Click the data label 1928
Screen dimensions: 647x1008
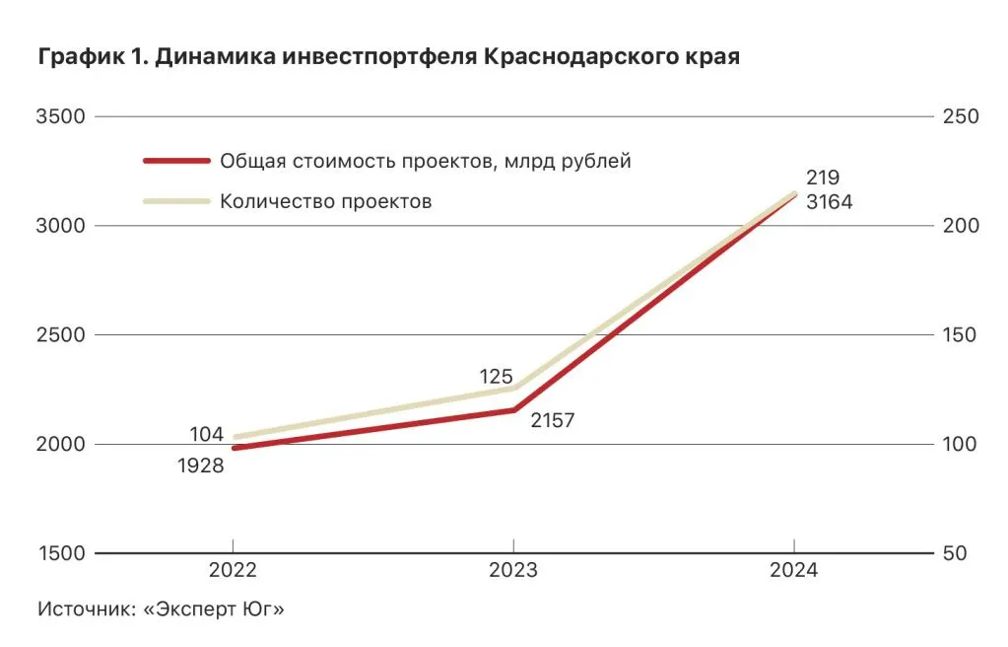click(x=201, y=466)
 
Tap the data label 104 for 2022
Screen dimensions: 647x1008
click(x=207, y=434)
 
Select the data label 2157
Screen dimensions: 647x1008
click(x=552, y=420)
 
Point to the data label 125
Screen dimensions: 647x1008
click(x=497, y=376)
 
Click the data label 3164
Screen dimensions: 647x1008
click(x=828, y=202)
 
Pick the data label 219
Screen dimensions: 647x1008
click(x=822, y=179)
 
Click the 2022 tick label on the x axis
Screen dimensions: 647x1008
click(x=233, y=572)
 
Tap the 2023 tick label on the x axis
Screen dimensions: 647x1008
click(x=513, y=572)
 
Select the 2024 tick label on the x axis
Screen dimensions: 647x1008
click(x=794, y=572)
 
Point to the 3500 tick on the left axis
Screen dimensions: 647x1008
click(x=60, y=116)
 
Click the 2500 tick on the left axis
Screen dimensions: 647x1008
click(x=60, y=335)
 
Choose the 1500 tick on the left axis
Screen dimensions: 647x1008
click(x=60, y=554)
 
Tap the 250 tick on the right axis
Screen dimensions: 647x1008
click(x=960, y=116)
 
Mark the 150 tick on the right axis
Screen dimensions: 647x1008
click(x=960, y=335)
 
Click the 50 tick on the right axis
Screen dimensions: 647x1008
click(x=954, y=554)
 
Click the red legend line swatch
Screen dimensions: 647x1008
click(x=176, y=161)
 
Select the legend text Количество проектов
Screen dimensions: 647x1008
click(x=326, y=201)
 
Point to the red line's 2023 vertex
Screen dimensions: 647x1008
click(x=513, y=410)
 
